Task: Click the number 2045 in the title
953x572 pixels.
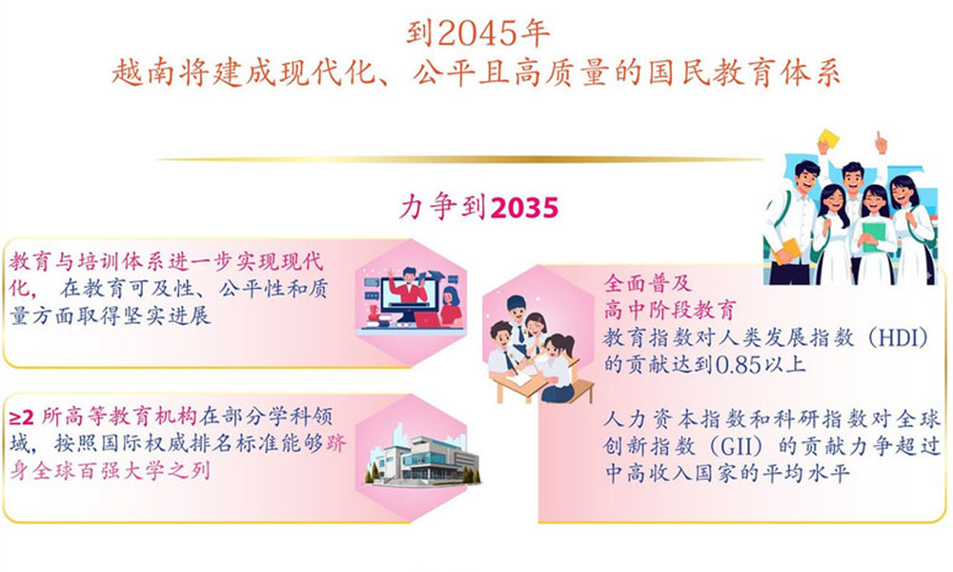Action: (478, 33)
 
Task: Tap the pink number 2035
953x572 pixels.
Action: (524, 208)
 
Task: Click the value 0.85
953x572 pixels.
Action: (739, 365)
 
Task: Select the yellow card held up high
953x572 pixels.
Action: (828, 139)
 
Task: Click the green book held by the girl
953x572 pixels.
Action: (874, 235)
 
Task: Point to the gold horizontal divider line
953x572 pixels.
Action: (459, 160)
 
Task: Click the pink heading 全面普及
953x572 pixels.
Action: (648, 282)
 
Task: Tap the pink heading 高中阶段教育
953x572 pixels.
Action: (670, 310)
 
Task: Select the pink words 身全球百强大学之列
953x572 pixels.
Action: (110, 470)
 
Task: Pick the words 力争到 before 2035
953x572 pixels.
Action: (443, 207)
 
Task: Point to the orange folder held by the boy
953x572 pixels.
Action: (786, 251)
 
